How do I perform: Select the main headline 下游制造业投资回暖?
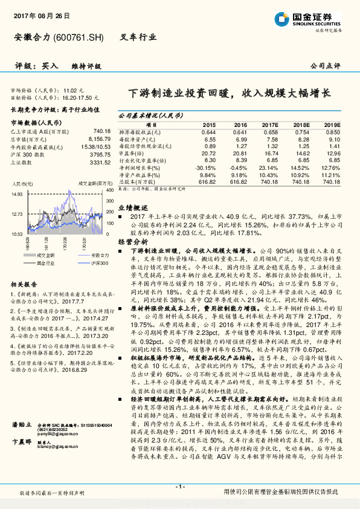point(181,94)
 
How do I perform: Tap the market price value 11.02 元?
point(80,89)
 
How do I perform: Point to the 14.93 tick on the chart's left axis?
point(17,194)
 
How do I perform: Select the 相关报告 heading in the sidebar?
point(24,284)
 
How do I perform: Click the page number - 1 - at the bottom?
point(180,487)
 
